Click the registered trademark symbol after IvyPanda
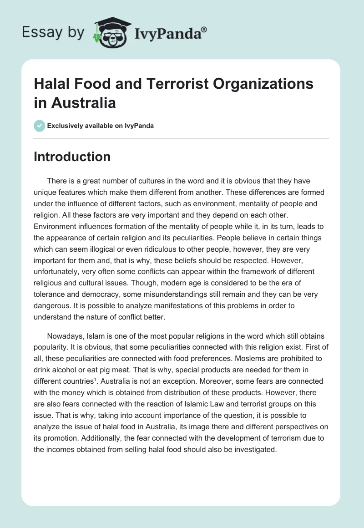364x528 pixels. (x=204, y=29)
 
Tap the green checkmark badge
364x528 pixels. (x=40, y=126)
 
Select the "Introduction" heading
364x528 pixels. (x=72, y=157)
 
